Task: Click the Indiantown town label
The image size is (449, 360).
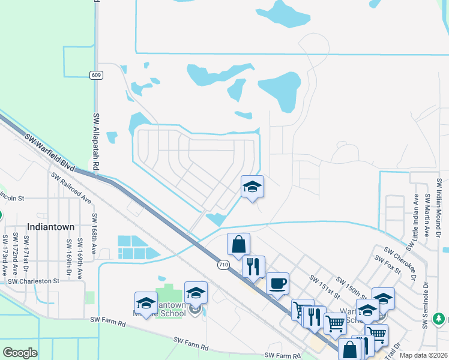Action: tap(50, 227)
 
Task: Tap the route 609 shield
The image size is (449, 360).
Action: tap(96, 75)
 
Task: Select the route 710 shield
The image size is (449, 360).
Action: tap(223, 264)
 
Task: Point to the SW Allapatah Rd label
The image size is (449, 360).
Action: tap(95, 141)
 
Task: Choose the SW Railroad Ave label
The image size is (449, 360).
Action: tap(71, 187)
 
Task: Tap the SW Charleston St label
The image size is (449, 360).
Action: tap(34, 280)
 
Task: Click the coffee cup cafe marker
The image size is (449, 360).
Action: tap(277, 283)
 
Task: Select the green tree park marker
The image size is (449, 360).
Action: tap(440, 318)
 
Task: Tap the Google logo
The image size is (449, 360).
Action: tap(20, 353)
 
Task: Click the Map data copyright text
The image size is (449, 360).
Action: tap(423, 355)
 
